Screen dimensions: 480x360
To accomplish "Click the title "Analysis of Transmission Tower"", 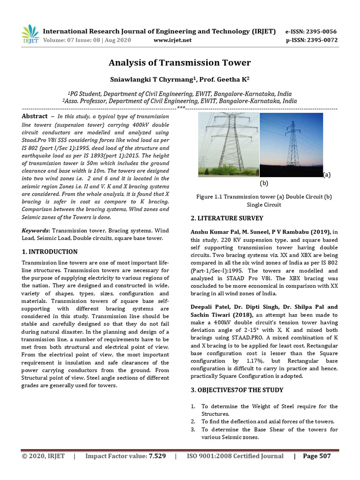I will click(180, 63).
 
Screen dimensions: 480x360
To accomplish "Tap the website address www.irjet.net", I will click(172, 40).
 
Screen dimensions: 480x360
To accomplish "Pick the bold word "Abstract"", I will click(35, 116).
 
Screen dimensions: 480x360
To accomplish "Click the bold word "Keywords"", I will click(36, 231).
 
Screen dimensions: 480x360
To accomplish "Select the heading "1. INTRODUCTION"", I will click(50, 252).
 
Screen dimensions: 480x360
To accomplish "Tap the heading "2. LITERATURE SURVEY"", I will click(227, 218).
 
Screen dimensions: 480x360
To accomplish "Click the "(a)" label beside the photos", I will click(327, 174).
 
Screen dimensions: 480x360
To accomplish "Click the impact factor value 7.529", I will click(157, 456).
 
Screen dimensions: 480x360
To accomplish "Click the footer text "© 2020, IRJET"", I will click(43, 456).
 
